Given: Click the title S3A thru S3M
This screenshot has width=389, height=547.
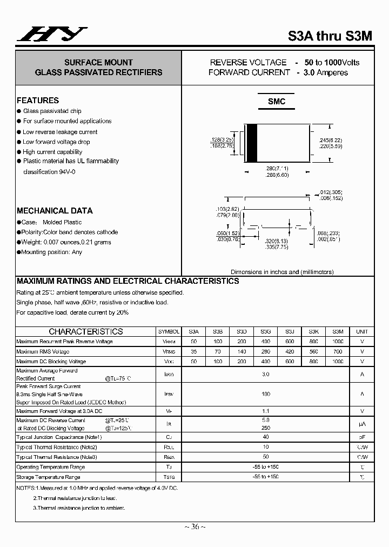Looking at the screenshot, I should coord(330,36).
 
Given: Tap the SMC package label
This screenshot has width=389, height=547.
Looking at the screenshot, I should coord(277,102).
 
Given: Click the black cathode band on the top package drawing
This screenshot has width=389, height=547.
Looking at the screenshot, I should coord(251,143).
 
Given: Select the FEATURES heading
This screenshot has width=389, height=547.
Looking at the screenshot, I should coord(38,101).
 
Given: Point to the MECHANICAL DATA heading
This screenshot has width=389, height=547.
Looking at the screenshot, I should coord(55,211).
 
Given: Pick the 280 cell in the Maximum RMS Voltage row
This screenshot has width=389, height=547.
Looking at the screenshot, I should coord(265,351).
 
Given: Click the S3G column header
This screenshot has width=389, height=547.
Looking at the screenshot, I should coord(265,331).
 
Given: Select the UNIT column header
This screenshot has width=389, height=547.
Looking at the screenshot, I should coord(362,331).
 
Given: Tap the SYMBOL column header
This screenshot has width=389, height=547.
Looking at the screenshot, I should coord(169,331).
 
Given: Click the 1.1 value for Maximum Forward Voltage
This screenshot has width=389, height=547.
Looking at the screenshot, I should coord(265,411).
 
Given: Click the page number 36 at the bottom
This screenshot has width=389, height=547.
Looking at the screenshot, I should coord(194,526).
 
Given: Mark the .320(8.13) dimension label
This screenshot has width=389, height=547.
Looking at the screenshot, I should coord(276,242).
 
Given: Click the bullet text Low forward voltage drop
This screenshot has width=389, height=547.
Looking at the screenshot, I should coord(56,142).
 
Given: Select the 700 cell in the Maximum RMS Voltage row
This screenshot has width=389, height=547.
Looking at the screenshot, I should coord(338,351).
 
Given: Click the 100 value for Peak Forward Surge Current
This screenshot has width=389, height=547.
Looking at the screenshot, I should coord(265,394).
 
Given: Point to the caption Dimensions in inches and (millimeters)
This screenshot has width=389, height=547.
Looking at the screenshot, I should coord(282,272).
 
